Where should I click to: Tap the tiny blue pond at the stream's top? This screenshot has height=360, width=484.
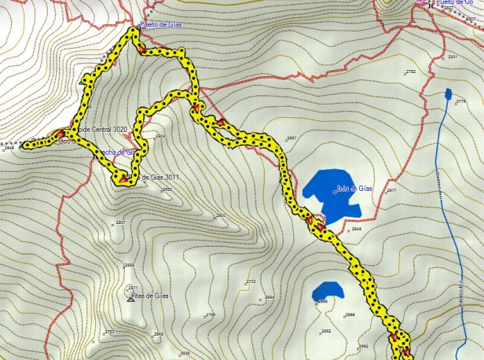click(x=447, y=94)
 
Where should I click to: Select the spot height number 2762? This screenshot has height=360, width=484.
click(x=411, y=72)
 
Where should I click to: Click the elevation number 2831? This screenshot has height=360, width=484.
click(x=452, y=57)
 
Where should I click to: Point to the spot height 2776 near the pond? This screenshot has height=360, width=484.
click(x=460, y=101)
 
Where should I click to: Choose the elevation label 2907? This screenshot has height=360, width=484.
click(x=120, y=223)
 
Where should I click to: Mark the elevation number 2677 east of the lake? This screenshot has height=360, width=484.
click(x=391, y=191)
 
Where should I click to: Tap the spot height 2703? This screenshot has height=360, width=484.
click(x=251, y=281)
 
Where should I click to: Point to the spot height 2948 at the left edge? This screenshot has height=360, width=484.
click(x=9, y=148)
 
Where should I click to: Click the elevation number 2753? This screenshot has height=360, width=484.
click(x=109, y=332)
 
